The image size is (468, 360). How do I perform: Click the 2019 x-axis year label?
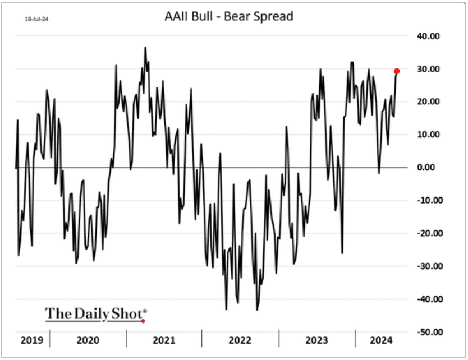[x=28, y=340]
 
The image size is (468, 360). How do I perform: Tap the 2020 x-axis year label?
[x=88, y=340]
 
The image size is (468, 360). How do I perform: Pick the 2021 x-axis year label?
[x=164, y=340]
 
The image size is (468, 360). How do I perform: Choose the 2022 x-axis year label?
[x=240, y=340]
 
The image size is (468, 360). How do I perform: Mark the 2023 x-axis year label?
[x=316, y=340]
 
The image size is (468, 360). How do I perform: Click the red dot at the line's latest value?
[x=397, y=71]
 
